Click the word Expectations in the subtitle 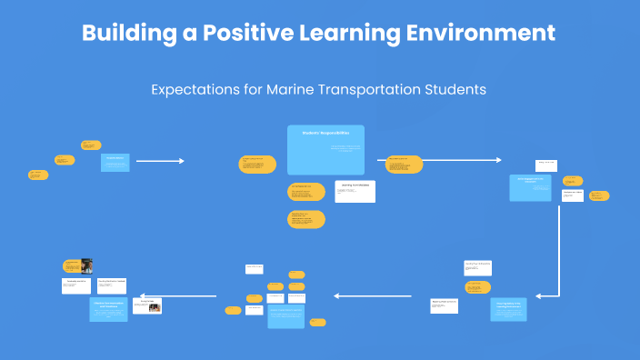[192, 90]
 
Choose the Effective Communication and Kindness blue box [109, 307]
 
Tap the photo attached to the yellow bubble [87, 266]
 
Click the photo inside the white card [155, 307]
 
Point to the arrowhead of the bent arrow [539, 295]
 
